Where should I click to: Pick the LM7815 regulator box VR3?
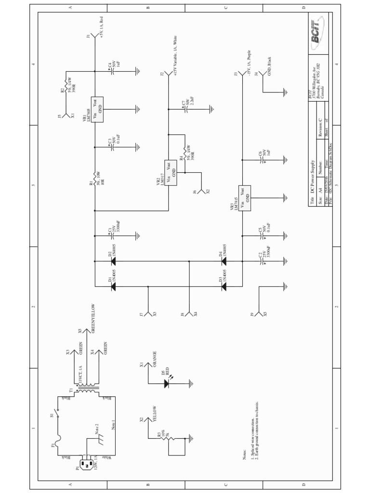click(245, 198)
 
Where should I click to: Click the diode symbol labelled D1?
click(113, 286)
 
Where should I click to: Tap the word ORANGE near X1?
click(154, 359)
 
